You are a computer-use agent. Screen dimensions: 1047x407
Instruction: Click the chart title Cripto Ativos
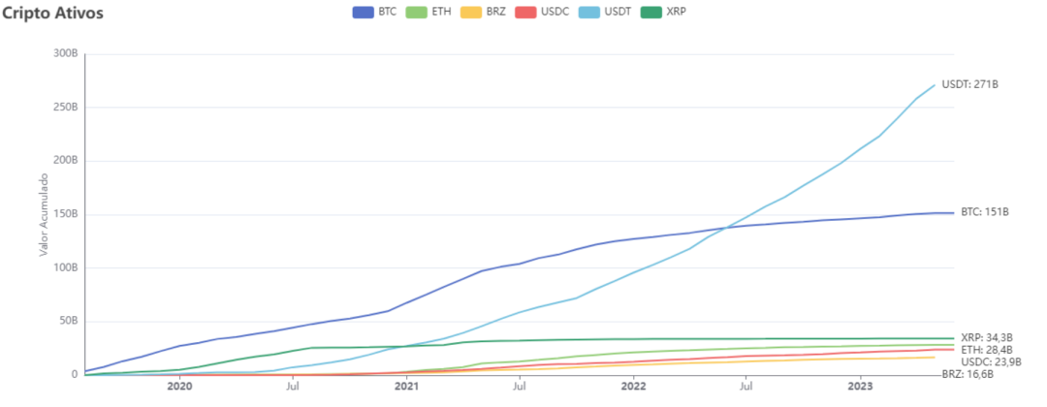point(53,14)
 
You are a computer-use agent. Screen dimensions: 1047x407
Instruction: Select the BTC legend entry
point(374,12)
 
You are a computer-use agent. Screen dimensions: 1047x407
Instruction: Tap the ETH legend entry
point(428,12)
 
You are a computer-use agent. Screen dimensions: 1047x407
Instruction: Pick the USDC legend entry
point(541,12)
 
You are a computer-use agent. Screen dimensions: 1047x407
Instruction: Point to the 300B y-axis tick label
point(66,54)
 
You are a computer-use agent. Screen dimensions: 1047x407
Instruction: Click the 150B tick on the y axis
point(66,214)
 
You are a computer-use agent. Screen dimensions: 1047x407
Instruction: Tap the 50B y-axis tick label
point(68,321)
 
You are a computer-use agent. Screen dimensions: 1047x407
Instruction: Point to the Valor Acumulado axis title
point(44,215)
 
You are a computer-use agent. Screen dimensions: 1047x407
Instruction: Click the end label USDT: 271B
point(970,84)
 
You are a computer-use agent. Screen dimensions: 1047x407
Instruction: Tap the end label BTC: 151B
point(985,212)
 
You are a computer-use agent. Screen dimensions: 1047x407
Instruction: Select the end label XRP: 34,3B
point(988,337)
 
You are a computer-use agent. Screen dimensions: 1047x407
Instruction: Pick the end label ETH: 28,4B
point(987,349)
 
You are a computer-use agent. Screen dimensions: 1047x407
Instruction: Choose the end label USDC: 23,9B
point(981,361)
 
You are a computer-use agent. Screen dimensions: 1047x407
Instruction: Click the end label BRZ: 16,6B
point(968,374)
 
